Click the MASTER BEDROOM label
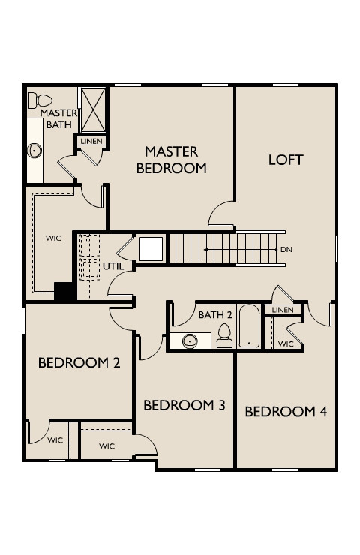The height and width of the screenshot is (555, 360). [x=171, y=160]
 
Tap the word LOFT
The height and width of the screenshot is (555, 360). [x=286, y=160]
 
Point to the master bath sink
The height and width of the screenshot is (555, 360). [x=34, y=151]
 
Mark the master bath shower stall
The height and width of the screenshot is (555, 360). [x=92, y=109]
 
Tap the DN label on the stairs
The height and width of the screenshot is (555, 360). [x=286, y=250]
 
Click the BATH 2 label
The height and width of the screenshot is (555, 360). [x=215, y=314]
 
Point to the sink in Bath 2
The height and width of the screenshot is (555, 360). [x=188, y=341]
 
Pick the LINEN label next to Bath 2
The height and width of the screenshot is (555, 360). [x=283, y=310]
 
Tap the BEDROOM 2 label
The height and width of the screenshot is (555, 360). [x=79, y=363]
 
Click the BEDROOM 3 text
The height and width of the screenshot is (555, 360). [x=184, y=405]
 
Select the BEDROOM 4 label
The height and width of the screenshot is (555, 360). [x=286, y=411]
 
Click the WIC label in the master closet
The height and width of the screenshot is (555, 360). [x=53, y=238]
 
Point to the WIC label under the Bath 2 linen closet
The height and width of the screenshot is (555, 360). [x=286, y=343]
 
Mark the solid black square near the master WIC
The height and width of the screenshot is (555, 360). [x=63, y=291]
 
